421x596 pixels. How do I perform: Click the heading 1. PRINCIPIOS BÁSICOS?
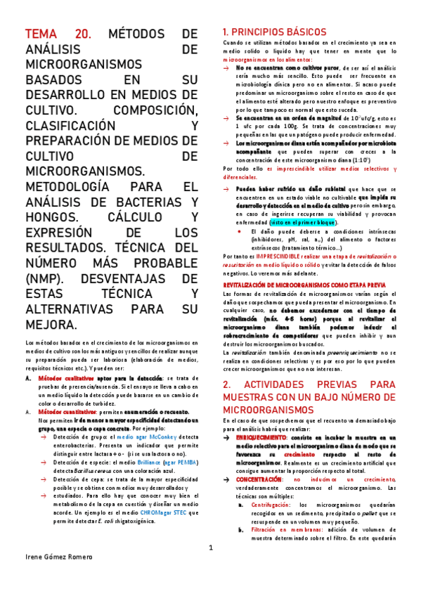(x=273, y=32)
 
